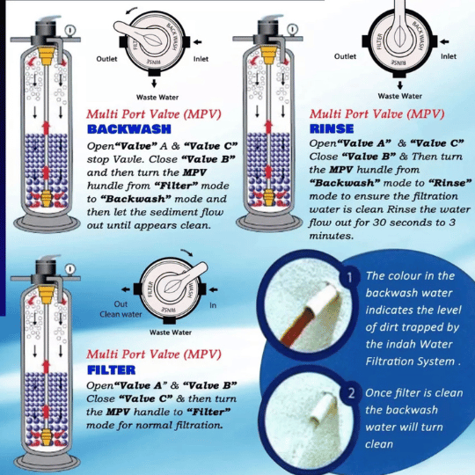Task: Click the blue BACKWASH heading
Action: (129, 129)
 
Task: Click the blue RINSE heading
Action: (332, 129)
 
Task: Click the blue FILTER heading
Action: (111, 369)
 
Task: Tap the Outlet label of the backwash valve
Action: (106, 59)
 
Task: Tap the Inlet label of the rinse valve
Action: (449, 56)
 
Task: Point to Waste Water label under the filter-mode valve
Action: (171, 332)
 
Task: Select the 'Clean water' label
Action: (121, 314)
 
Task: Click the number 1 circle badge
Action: (350, 277)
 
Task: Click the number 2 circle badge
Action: (351, 393)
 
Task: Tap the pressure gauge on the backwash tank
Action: (70, 30)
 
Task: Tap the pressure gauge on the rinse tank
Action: (292, 30)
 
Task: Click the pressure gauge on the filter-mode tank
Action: (70, 269)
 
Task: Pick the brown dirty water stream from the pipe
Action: (297, 327)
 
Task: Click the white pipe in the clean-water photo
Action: (323, 408)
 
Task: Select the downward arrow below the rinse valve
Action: (400, 84)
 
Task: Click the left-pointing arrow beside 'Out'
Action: (126, 289)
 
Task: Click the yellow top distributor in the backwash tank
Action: (47, 55)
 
